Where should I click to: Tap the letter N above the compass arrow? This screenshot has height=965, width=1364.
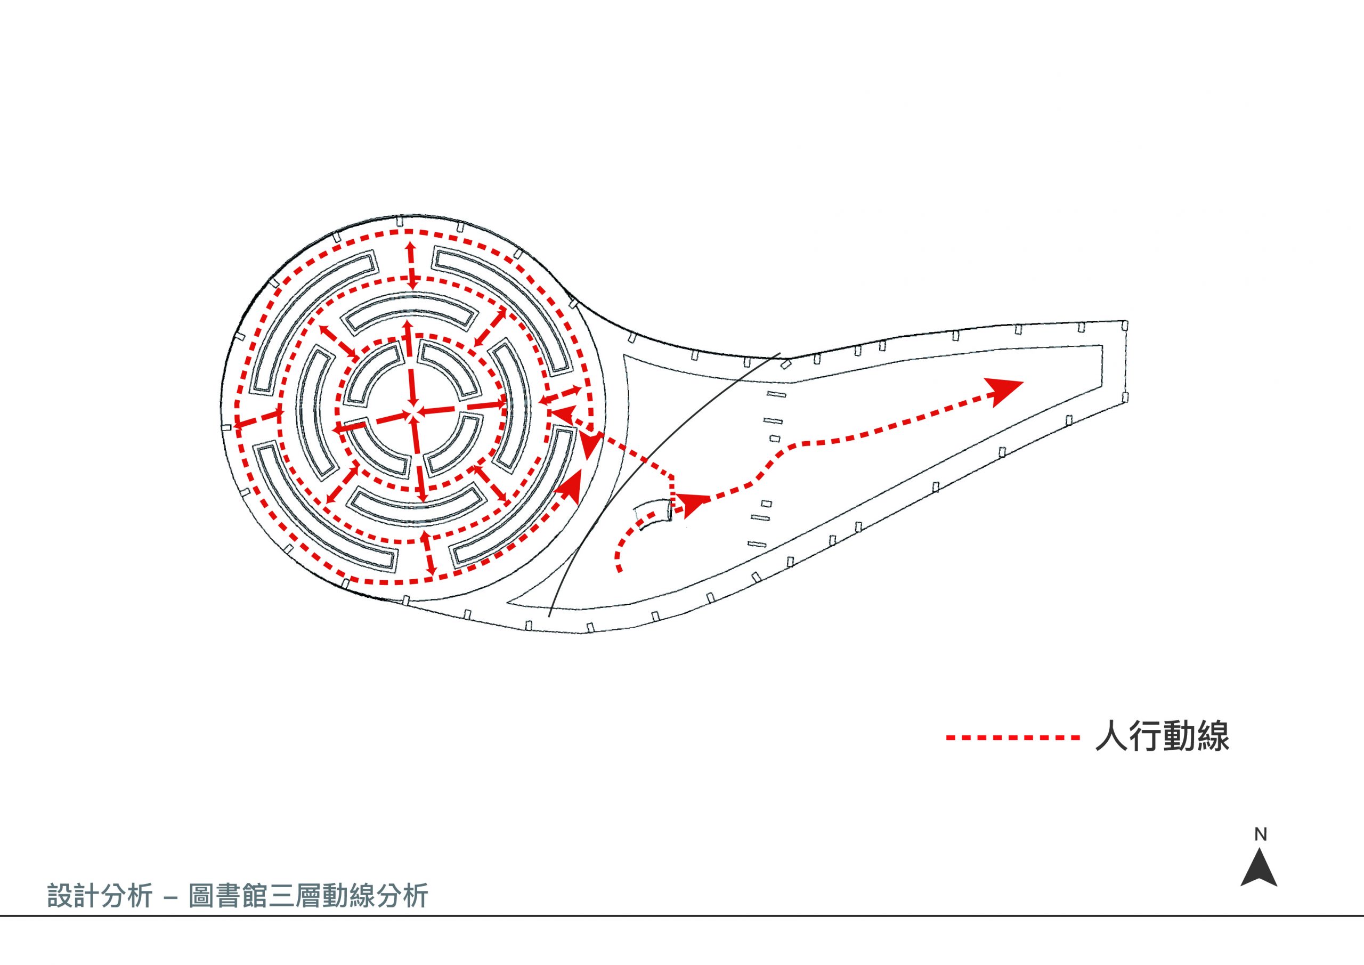click(x=1260, y=834)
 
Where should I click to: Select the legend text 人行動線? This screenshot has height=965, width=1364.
click(x=1162, y=737)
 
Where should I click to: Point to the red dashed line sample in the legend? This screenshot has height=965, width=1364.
click(x=1013, y=738)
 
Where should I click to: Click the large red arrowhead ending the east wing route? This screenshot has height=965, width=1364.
click(x=1003, y=391)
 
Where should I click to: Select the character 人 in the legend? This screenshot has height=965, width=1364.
click(x=1111, y=737)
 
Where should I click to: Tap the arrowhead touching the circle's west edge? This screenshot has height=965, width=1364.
click(x=239, y=424)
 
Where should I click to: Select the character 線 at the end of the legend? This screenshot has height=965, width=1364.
click(x=1213, y=737)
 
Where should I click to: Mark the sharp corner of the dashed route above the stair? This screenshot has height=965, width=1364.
click(x=672, y=476)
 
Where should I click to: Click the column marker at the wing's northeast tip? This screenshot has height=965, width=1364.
click(x=1125, y=325)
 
